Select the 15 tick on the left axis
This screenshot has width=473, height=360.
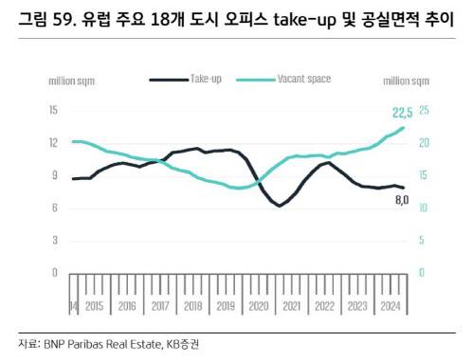click(x=53, y=110)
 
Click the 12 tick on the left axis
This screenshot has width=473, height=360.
click(x=53, y=142)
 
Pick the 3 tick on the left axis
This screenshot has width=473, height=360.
click(x=55, y=240)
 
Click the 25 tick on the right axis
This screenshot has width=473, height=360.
click(x=424, y=110)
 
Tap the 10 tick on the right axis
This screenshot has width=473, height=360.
click(x=424, y=207)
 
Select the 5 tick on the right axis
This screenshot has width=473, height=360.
click(x=422, y=240)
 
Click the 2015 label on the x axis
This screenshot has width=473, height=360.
click(x=94, y=307)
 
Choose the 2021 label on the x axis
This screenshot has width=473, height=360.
click(x=291, y=307)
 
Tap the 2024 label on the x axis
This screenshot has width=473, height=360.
click(x=389, y=307)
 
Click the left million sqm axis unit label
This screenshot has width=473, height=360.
click(x=73, y=81)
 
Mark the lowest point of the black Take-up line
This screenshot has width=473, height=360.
click(x=280, y=205)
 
